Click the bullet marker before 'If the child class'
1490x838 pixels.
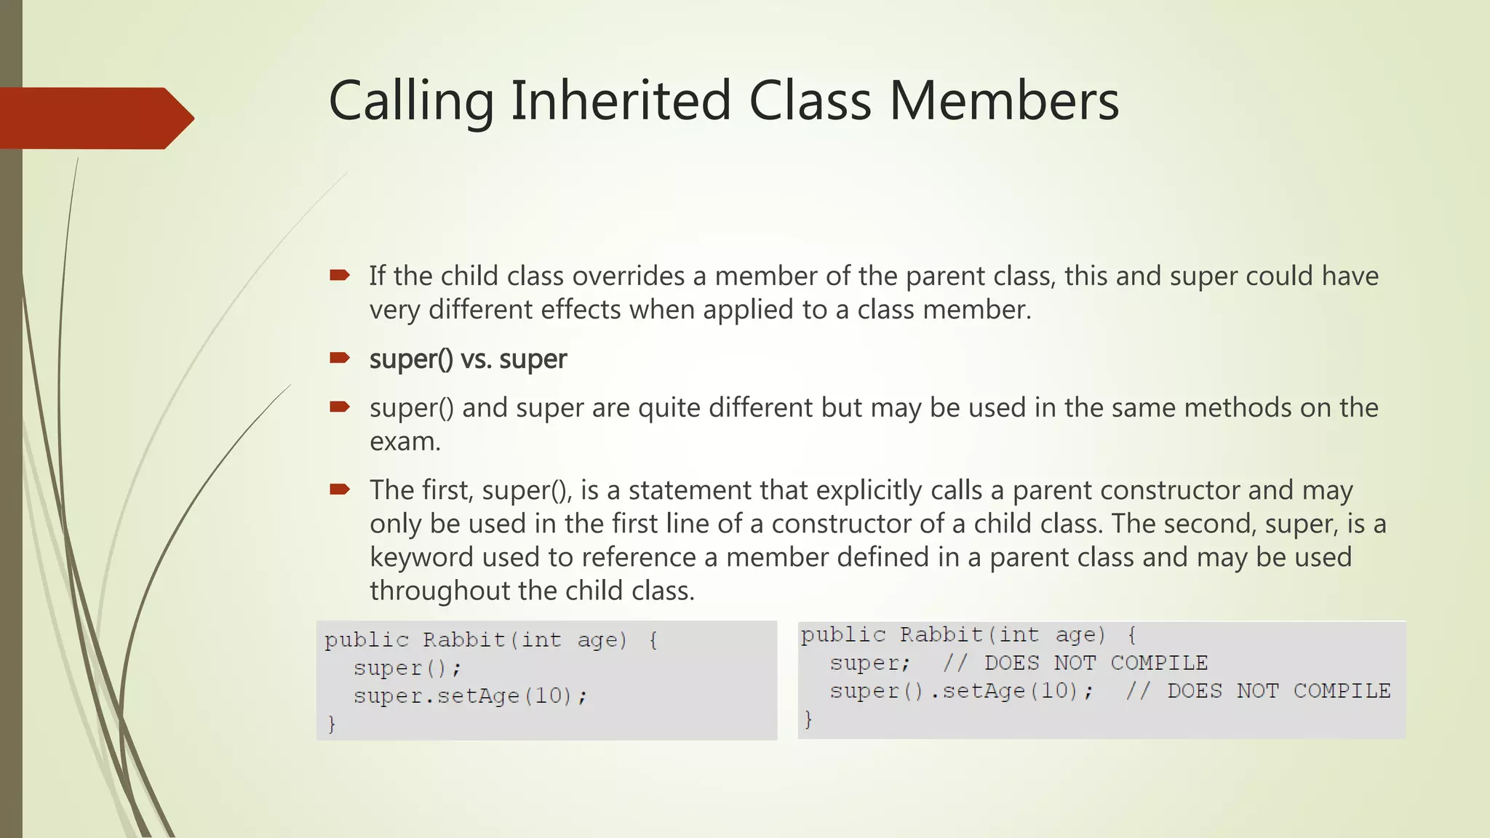pos(340,275)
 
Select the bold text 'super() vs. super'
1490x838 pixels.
pos(468,359)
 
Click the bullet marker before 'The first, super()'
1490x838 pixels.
pos(340,489)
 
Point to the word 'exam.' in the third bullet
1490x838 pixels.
pos(405,442)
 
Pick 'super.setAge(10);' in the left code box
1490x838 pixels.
pos(470,696)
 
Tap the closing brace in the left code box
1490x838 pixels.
pos(332,724)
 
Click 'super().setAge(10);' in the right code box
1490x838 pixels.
pos(961,690)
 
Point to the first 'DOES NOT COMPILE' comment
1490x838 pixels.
pos(1096,663)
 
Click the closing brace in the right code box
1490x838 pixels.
pos(808,719)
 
